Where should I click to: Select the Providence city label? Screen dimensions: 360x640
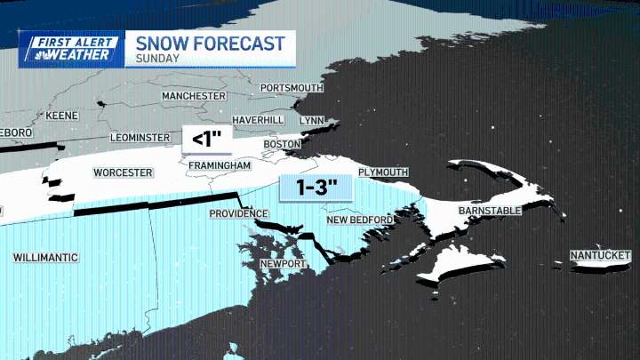238,214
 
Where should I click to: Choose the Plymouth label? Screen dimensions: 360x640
382,172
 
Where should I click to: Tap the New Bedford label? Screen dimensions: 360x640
359,220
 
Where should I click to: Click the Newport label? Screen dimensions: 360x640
283,264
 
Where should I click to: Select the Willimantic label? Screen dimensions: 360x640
45,257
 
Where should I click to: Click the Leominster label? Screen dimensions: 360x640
139,138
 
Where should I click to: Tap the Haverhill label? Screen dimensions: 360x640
257,120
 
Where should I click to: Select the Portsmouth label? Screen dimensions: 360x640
291,88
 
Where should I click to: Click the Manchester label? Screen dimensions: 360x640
193,95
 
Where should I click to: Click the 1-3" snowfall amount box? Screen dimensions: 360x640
316,189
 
